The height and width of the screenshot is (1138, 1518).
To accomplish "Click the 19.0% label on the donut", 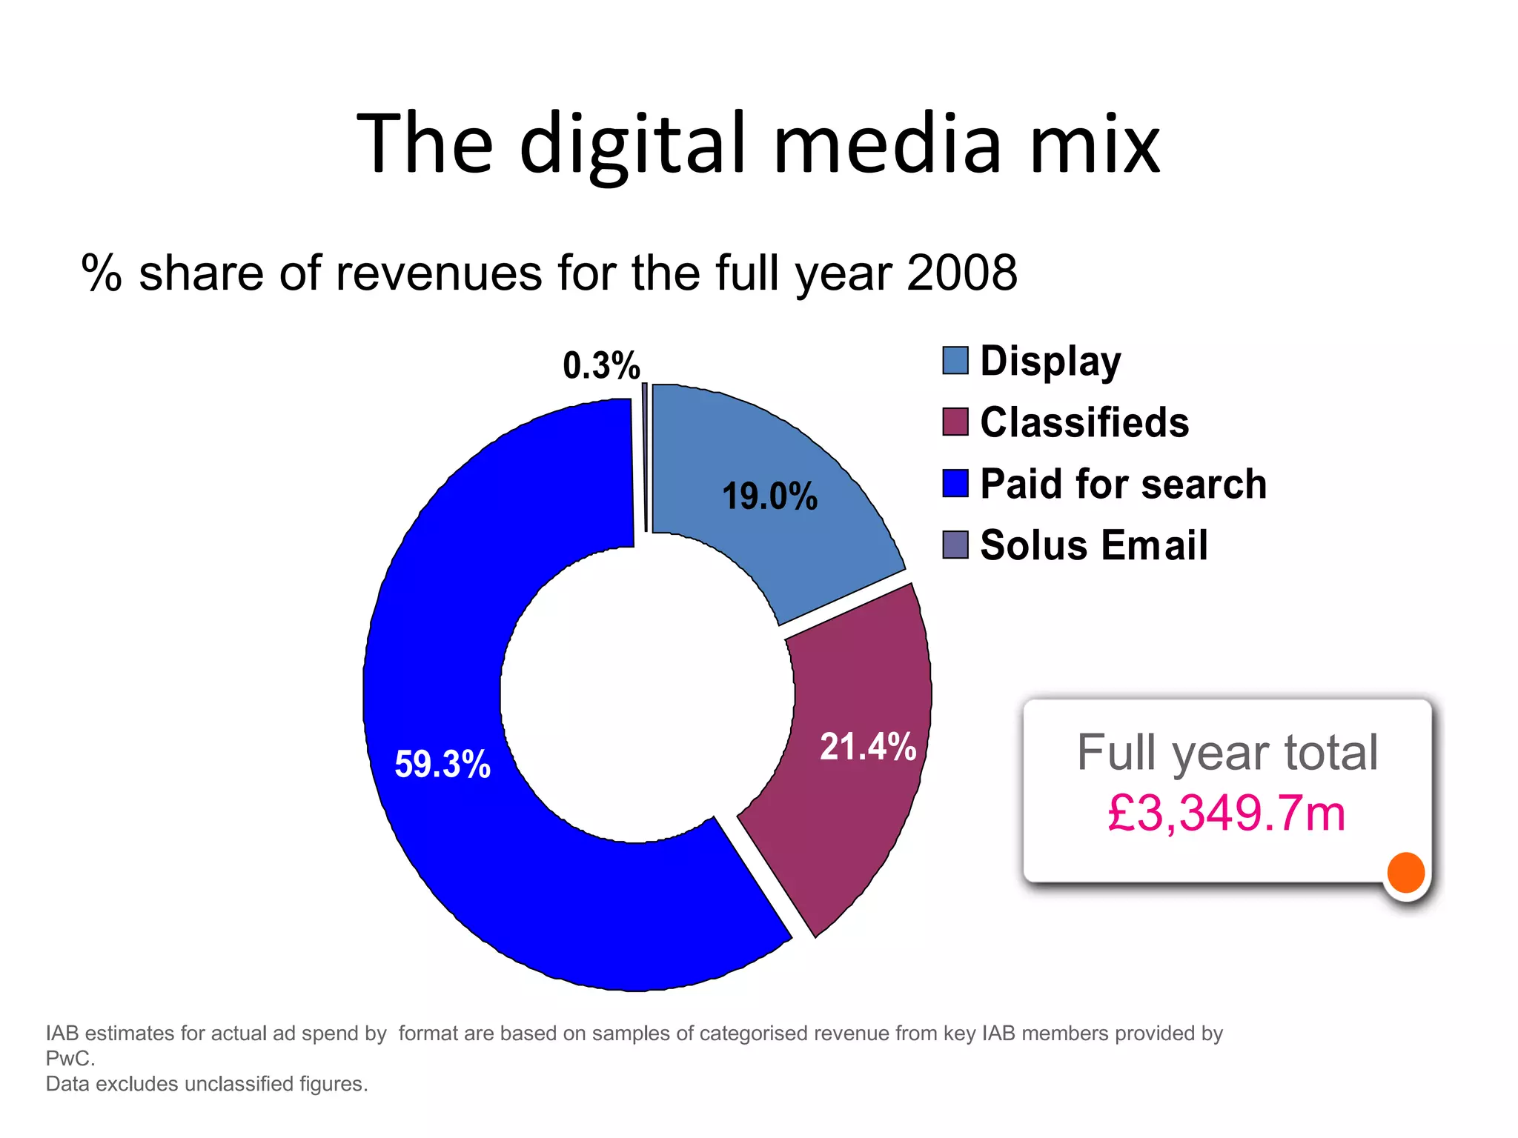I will pyautogui.click(x=769, y=496).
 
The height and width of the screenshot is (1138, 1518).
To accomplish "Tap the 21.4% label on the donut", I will pyautogui.click(x=868, y=746).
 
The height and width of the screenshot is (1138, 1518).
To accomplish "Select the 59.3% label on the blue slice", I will pyautogui.click(x=443, y=764).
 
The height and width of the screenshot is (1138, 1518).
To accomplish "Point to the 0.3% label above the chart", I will pyautogui.click(x=601, y=365).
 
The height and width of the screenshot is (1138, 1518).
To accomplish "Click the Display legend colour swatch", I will pyautogui.click(x=955, y=361).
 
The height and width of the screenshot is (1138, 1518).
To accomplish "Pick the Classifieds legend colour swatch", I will pyautogui.click(x=955, y=422).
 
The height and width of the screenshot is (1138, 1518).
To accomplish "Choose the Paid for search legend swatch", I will pyautogui.click(x=955, y=483).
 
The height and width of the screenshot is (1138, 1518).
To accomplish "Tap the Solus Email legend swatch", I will pyautogui.click(x=955, y=545).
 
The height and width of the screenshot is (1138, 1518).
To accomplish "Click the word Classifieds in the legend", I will pyautogui.click(x=1084, y=422).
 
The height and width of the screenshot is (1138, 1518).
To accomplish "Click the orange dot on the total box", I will pyautogui.click(x=1406, y=872).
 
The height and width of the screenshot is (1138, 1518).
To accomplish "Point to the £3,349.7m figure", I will pyautogui.click(x=1227, y=813).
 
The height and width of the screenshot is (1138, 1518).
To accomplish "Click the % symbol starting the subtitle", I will pyautogui.click(x=102, y=273).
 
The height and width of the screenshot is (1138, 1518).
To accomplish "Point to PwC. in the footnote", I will pyautogui.click(x=70, y=1058).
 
